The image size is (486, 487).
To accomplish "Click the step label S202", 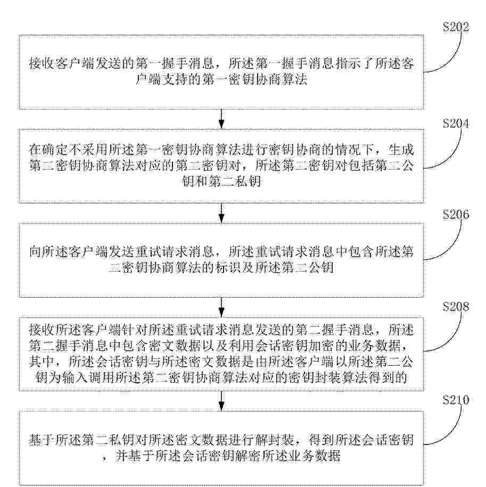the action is (456, 27).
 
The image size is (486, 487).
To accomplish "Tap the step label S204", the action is (456, 123).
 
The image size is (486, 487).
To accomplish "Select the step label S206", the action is (456, 215).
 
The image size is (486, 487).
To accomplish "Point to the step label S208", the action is (456, 307).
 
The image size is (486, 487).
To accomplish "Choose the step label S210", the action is (456, 400).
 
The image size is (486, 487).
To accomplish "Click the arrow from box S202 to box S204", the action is (221, 119).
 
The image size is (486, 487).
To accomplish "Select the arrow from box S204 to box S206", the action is (221, 213).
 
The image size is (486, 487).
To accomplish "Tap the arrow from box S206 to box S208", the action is (221, 307).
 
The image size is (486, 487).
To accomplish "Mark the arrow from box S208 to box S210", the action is (221, 401).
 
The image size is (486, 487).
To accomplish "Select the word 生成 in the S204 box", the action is (401, 150).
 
